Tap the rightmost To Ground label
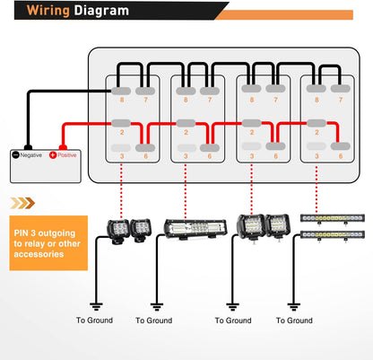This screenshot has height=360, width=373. tap(297, 320)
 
